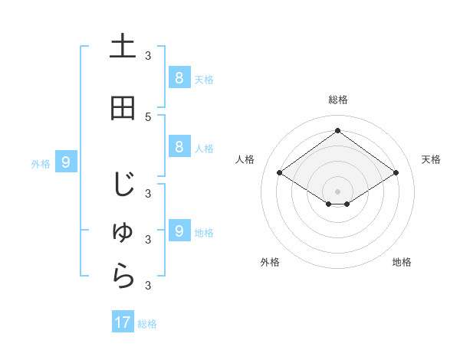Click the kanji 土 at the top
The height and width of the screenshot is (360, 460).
(123, 47)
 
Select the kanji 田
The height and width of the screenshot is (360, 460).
(123, 109)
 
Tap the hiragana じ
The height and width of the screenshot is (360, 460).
(123, 185)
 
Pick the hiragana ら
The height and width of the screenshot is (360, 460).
(123, 278)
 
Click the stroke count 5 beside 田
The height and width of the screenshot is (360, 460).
(148, 116)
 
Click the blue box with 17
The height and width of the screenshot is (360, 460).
(123, 322)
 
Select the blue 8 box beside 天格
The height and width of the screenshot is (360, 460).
(179, 78)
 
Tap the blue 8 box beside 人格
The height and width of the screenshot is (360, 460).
(179, 148)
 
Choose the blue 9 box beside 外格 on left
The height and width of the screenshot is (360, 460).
(66, 162)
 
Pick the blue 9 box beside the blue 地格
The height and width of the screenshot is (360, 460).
(179, 231)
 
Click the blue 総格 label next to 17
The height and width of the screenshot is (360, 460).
(147, 324)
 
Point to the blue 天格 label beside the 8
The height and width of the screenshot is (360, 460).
(204, 79)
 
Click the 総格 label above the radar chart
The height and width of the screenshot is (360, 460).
(337, 100)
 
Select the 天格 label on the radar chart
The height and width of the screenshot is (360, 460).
(431, 159)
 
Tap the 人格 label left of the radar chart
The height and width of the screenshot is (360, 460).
(245, 159)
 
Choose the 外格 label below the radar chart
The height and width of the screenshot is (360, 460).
(270, 262)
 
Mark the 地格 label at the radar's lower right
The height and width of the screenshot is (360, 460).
(402, 262)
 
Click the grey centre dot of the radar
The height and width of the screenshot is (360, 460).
(337, 191)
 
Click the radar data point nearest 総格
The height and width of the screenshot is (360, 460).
(337, 130)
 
